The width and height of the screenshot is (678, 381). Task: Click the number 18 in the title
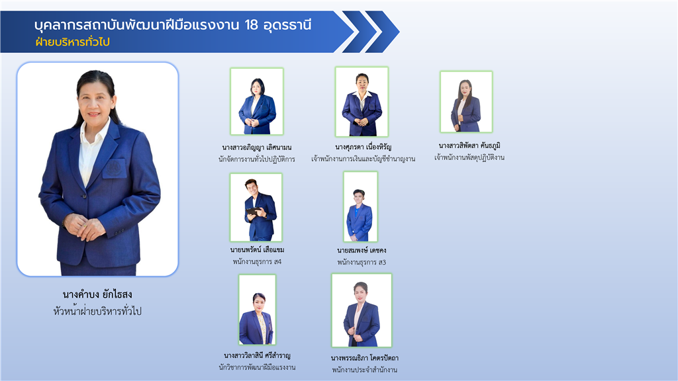[x=251, y=25]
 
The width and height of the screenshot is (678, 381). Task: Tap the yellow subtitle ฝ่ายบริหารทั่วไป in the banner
[x=73, y=42]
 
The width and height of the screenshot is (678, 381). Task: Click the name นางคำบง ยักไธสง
[x=97, y=295]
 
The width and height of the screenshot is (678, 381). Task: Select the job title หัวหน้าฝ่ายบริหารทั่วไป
[x=97, y=311]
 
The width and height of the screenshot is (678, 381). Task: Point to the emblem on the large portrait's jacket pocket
[x=114, y=168]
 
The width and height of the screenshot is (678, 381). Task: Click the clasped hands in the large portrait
[x=86, y=226]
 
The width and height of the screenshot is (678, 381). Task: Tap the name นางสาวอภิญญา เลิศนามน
[x=257, y=148]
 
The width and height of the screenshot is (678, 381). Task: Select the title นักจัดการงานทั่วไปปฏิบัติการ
[x=257, y=159]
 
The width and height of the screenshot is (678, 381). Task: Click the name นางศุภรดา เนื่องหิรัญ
[x=363, y=147]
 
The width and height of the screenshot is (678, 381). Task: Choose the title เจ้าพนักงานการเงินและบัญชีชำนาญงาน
[x=363, y=159]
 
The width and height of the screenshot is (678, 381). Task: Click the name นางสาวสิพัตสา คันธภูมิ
[x=469, y=146]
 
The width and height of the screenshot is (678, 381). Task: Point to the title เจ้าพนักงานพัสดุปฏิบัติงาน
[x=469, y=157]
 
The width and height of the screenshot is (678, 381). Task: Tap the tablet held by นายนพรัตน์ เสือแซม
[x=254, y=211]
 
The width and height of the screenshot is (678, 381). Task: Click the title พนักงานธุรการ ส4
[x=257, y=262]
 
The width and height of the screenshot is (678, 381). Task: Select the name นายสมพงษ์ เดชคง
[x=362, y=250]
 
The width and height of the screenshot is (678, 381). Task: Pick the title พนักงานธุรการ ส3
[x=362, y=262]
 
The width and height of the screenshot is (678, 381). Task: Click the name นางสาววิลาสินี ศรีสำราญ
[x=258, y=355]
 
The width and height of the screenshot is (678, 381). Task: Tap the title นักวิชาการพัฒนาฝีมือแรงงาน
[x=258, y=368]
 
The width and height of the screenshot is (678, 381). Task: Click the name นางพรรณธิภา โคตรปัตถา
[x=365, y=358]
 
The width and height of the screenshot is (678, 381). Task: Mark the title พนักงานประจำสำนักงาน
[x=365, y=370]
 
